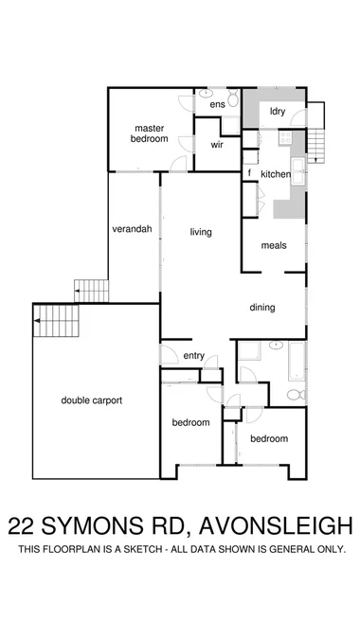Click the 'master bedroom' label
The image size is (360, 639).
[x=151, y=133]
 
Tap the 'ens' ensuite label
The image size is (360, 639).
[x=217, y=103]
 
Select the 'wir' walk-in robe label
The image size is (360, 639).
[x=217, y=145]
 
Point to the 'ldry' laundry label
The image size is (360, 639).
[x=278, y=112]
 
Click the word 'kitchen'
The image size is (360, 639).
[x=276, y=174]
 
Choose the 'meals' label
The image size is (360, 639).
[x=274, y=245]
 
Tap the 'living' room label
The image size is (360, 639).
[x=200, y=232]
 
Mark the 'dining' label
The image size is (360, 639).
[x=262, y=307]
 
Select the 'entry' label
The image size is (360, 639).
[x=194, y=356]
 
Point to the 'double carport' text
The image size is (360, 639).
[x=92, y=400]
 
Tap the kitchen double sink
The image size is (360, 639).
[x=298, y=172]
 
